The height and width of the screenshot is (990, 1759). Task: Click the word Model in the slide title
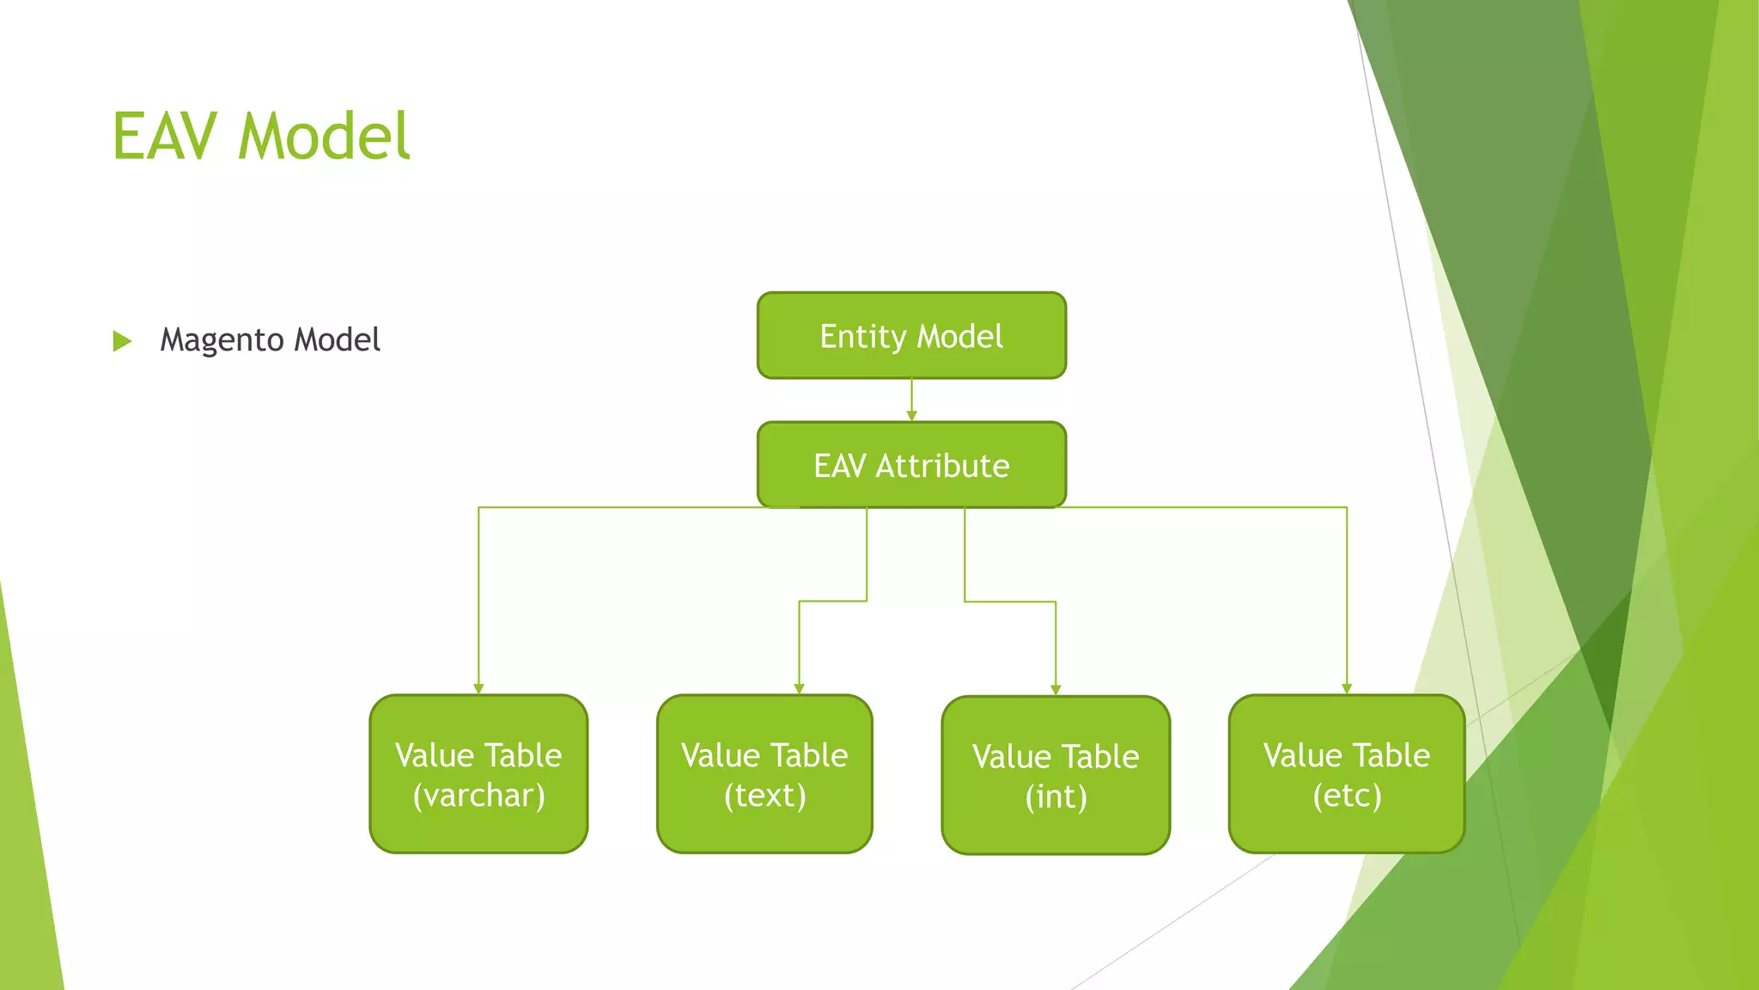(324, 137)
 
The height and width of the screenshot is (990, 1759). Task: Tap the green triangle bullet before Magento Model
(122, 341)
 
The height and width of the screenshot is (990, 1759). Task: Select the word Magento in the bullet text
(222, 340)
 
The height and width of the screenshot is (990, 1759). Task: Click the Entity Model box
(911, 336)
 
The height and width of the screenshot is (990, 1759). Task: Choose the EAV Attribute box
(911, 465)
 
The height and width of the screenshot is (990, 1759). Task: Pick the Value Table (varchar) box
(478, 774)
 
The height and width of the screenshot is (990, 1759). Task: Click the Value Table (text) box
(764, 774)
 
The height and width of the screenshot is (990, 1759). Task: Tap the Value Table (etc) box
(1346, 774)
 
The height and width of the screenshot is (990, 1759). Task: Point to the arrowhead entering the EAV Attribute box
(911, 416)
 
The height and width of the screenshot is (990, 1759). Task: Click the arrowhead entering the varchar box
(478, 688)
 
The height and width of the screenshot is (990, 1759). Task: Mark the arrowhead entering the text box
(799, 688)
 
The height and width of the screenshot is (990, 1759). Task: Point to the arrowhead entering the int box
(1056, 689)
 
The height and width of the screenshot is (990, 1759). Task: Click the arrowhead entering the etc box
(1347, 688)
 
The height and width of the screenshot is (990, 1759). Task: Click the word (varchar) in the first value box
(478, 796)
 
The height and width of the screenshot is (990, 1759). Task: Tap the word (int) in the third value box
(1056, 797)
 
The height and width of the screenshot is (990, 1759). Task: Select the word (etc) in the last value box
(1347, 796)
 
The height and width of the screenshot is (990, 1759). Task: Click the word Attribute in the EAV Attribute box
(942, 466)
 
